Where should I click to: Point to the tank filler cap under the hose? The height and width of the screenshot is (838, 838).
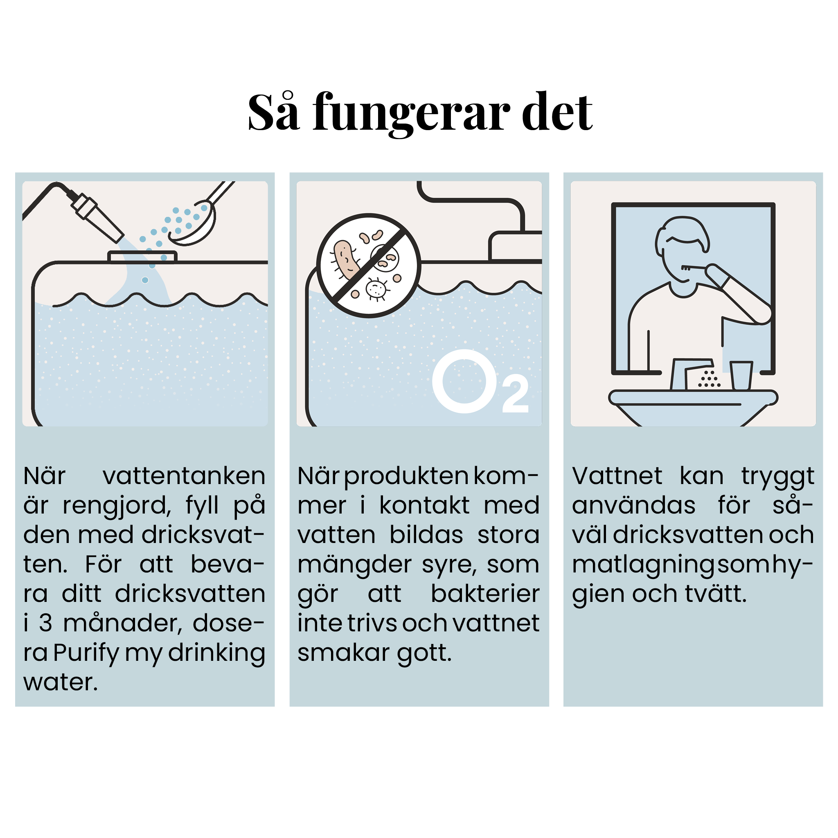(142, 257)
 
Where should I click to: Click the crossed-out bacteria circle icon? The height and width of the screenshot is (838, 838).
(369, 266)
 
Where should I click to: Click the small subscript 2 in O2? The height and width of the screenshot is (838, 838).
(515, 394)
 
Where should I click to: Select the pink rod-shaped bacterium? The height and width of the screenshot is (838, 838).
(346, 260)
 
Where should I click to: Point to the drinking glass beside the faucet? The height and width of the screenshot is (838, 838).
(741, 375)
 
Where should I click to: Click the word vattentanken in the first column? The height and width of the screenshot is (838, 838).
(184, 476)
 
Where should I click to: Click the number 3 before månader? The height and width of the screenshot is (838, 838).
(45, 623)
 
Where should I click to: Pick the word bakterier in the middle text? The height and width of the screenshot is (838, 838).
(485, 593)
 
